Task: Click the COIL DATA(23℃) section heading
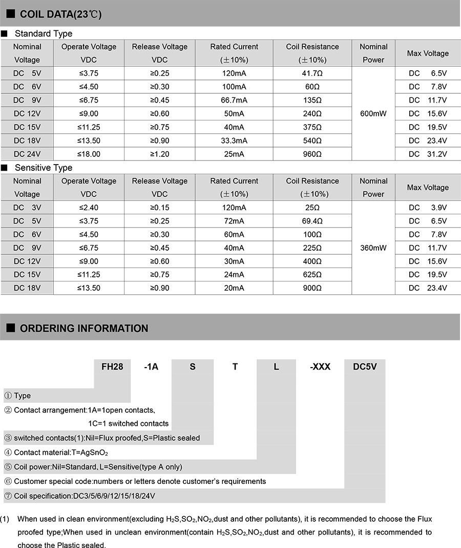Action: [x=60, y=14]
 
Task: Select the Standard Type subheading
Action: [x=44, y=34]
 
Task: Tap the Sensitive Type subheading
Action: [x=44, y=168]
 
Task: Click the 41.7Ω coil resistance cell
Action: [x=312, y=73]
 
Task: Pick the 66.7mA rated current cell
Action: [x=234, y=100]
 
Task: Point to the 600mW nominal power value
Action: [x=373, y=113]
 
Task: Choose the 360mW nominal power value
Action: [x=373, y=248]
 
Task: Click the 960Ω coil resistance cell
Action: [x=312, y=154]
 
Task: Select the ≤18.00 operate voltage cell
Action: [x=89, y=154]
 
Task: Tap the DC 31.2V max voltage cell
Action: [x=428, y=154]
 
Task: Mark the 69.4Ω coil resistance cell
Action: [x=312, y=221]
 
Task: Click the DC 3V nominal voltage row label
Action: [x=27, y=208]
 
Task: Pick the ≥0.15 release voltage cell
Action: [x=160, y=208]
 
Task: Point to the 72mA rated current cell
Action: [x=234, y=221]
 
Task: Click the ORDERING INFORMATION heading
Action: [x=84, y=328]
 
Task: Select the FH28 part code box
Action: [x=112, y=367]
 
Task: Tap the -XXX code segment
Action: [x=320, y=367]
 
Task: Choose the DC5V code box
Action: [x=364, y=367]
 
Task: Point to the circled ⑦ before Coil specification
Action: [x=8, y=496]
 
